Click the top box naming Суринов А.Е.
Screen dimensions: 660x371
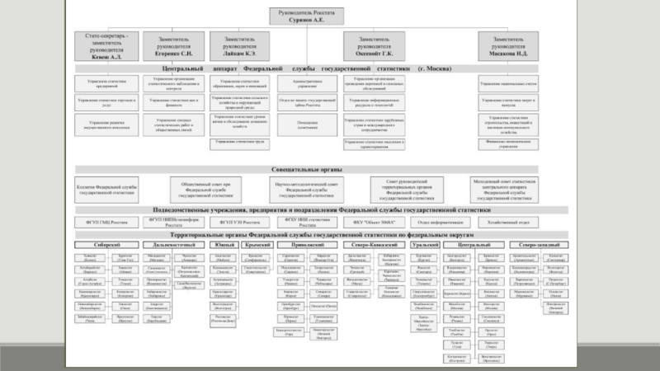coord(307,16)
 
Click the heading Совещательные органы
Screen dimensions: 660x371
coord(307,169)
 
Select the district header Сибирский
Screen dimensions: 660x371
coord(104,245)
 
